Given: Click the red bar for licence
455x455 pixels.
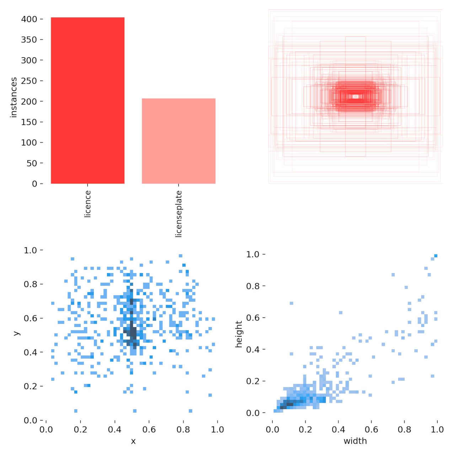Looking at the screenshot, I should click(87, 100).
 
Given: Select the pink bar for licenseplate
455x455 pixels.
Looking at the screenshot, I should click(178, 141).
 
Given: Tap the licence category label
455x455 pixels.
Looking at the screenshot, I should click(88, 204).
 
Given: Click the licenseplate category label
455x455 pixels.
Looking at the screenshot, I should click(178, 214).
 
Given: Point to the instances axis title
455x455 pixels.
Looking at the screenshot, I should click(14, 97).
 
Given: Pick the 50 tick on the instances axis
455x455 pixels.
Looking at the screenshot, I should click(32, 163).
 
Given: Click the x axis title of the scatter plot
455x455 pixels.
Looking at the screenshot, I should click(133, 441).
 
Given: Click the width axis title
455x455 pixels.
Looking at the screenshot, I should click(355, 441).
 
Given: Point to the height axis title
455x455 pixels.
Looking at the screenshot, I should click(239, 334).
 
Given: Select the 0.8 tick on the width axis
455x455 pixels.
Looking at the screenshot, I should click(405, 430).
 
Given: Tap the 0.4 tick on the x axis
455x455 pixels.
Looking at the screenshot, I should click(114, 430).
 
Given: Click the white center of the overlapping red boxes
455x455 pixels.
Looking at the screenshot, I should click(355, 96).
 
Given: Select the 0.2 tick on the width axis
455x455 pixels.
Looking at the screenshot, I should click(305, 430).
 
